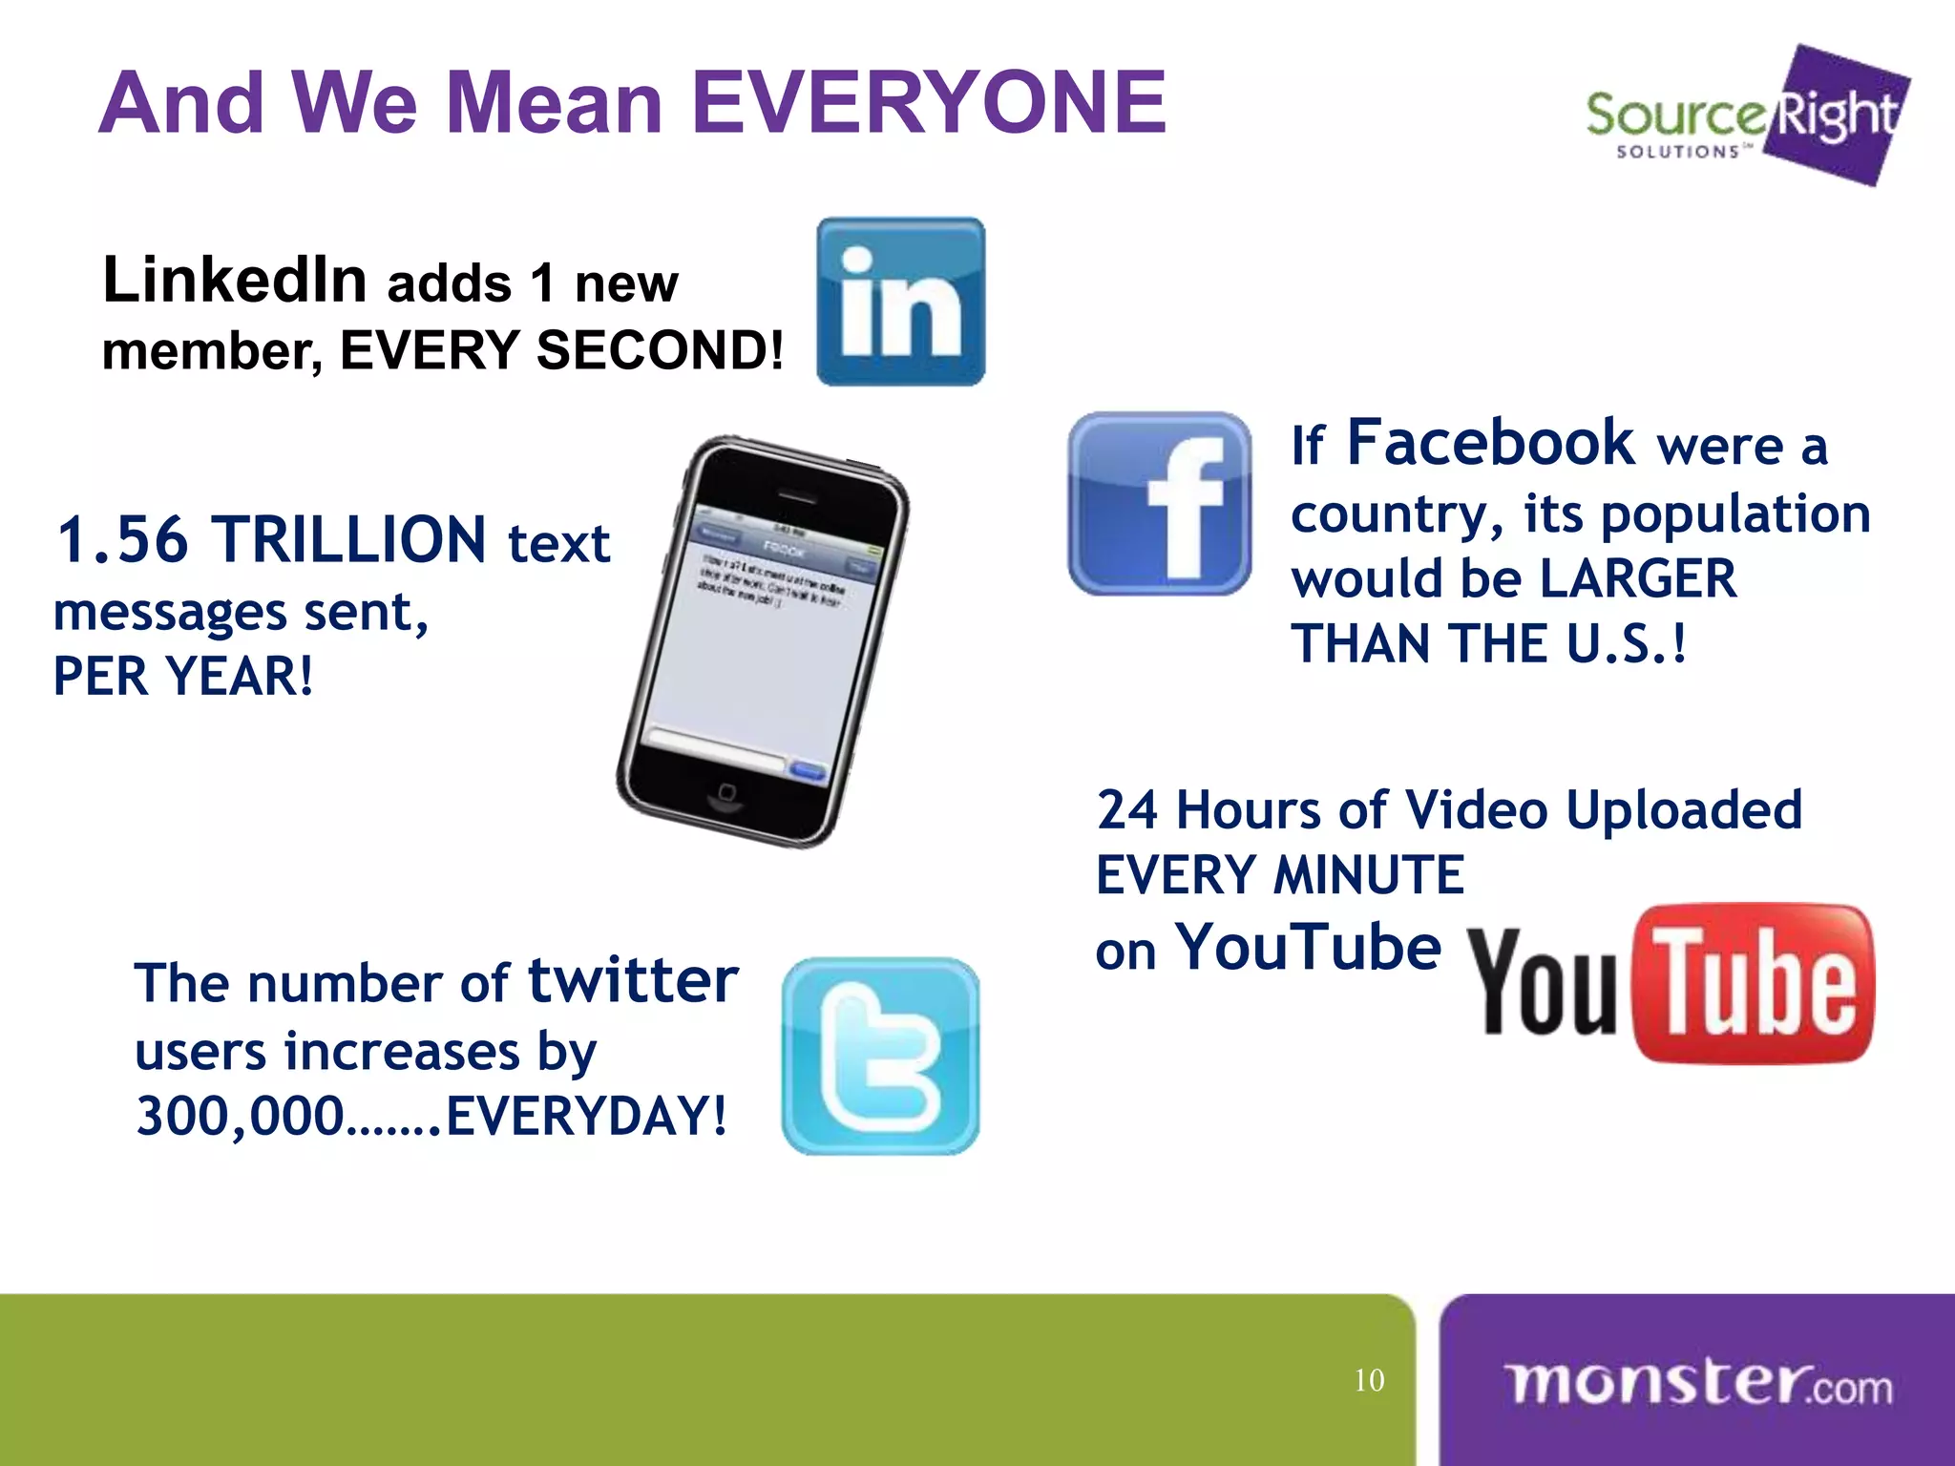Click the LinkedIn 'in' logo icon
click(900, 302)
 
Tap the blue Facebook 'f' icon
click(1159, 504)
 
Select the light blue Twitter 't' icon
click(880, 1056)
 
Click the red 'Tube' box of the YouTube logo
click(1755, 983)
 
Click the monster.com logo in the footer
click(1697, 1382)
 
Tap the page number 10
click(1369, 1380)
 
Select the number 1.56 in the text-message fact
click(122, 540)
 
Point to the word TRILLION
click(348, 540)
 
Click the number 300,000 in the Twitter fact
click(240, 1116)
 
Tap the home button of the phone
click(726, 792)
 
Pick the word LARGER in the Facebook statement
click(1638, 579)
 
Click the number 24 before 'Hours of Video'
click(1126, 810)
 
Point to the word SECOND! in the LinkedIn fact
click(660, 350)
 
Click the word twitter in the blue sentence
click(633, 980)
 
